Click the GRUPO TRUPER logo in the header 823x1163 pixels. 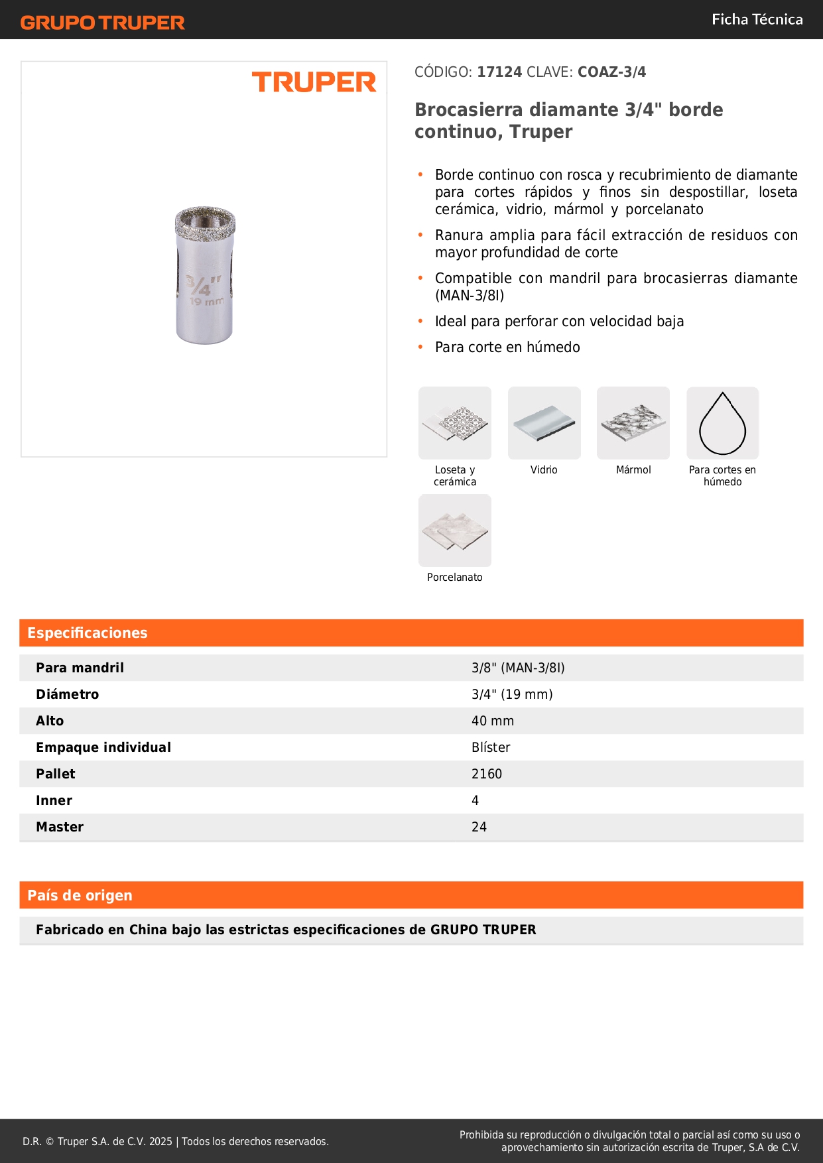tap(102, 23)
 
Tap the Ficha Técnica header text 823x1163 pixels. tap(757, 19)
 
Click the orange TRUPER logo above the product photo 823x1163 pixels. tap(314, 82)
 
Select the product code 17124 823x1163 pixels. tap(499, 72)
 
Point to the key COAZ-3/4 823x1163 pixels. tap(611, 72)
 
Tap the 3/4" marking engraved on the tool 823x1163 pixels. tap(198, 285)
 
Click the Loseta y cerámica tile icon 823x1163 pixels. tap(455, 423)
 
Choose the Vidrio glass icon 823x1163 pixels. tap(544, 423)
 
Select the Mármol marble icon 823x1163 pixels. tap(633, 423)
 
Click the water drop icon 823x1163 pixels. tap(722, 423)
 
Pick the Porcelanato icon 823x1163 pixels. tap(455, 530)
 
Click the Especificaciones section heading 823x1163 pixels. tap(88, 633)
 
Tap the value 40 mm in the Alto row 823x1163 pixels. tap(493, 721)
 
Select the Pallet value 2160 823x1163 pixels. tap(487, 774)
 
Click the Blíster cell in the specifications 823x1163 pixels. tap(491, 747)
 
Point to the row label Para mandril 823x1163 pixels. tap(80, 668)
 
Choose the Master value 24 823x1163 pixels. tap(479, 827)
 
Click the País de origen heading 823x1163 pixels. tap(80, 895)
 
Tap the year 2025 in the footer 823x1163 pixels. tap(160, 1141)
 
